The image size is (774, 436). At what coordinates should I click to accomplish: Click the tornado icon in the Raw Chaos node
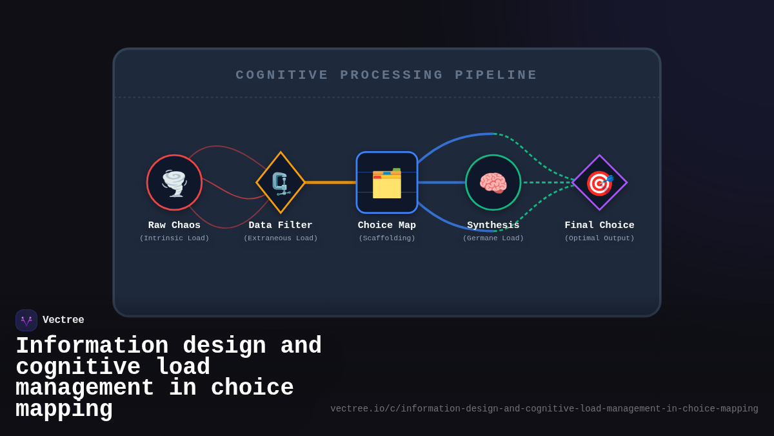click(x=174, y=183)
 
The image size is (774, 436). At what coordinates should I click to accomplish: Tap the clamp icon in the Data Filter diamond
click(x=281, y=183)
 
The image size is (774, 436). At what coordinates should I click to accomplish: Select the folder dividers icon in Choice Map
click(x=387, y=183)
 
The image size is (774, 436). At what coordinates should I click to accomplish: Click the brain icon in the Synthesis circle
click(x=493, y=183)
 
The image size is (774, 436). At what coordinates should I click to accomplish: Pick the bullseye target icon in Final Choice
click(x=599, y=183)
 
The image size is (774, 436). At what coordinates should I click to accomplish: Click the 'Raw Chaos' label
click(x=174, y=225)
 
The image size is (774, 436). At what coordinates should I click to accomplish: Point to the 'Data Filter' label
click(x=281, y=225)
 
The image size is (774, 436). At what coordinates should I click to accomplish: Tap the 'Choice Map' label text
click(x=387, y=225)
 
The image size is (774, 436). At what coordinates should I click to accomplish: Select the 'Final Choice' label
click(x=599, y=225)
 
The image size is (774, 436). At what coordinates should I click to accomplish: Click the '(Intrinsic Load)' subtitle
click(x=174, y=238)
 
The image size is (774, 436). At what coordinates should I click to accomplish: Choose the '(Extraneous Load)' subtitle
click(x=281, y=238)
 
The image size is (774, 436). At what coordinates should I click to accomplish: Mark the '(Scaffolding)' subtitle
click(x=387, y=238)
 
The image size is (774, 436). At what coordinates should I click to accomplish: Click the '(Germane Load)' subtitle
click(x=493, y=238)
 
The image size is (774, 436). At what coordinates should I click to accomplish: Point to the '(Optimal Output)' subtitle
click(x=599, y=238)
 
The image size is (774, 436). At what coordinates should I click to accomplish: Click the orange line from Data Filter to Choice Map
click(x=330, y=182)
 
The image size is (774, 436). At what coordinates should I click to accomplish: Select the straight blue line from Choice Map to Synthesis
click(x=441, y=182)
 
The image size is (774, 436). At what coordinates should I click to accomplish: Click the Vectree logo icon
click(x=26, y=320)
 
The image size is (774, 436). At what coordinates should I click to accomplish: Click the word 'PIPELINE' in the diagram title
click(x=496, y=75)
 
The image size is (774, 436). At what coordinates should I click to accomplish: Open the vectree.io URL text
click(x=544, y=409)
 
